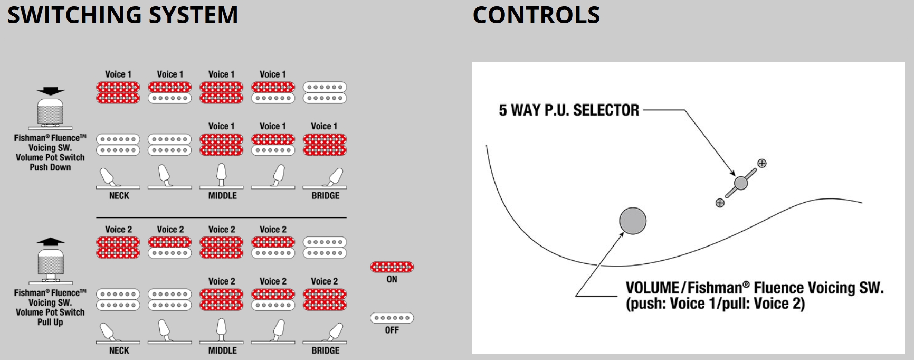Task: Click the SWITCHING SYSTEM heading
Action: (x=122, y=15)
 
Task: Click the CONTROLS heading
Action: (x=536, y=15)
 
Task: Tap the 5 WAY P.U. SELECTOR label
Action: (x=569, y=110)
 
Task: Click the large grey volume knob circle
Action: (x=633, y=221)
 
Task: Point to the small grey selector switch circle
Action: (x=741, y=183)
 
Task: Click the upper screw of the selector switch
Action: (x=761, y=164)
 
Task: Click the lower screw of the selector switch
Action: (x=720, y=203)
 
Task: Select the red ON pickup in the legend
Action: (x=392, y=267)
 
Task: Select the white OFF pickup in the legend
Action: (x=392, y=318)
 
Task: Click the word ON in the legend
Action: (x=392, y=279)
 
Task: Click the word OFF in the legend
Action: (x=392, y=330)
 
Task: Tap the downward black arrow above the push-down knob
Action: (x=51, y=91)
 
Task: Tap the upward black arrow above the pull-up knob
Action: (x=51, y=242)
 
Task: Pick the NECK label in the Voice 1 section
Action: (x=119, y=195)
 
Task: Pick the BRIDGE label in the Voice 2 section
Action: (x=325, y=350)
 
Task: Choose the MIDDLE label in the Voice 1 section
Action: (x=222, y=195)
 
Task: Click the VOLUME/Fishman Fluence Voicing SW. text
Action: (x=755, y=288)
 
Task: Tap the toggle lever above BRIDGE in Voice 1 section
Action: (x=335, y=176)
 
